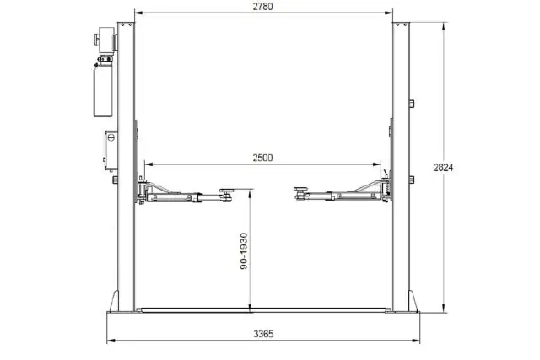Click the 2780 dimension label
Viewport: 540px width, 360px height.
(262, 7)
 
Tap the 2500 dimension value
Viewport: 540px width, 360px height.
(262, 158)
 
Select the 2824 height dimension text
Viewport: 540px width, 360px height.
(443, 168)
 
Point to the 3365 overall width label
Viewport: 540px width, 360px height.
(263, 334)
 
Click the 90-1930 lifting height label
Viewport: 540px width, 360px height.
(244, 251)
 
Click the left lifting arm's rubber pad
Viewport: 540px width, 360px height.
(227, 191)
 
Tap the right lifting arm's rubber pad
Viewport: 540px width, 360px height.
(301, 189)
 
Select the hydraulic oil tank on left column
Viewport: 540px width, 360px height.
(103, 91)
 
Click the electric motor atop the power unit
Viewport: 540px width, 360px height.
(106, 40)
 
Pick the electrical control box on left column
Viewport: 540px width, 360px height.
(111, 150)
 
